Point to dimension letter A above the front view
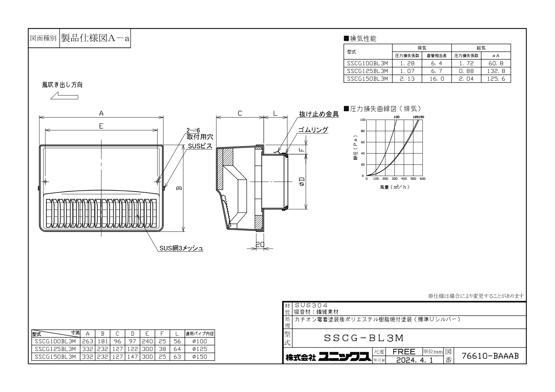pyautogui.click(x=101, y=113)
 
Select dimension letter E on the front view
pyautogui.click(x=101, y=126)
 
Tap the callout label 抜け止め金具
pyautogui.click(x=319, y=114)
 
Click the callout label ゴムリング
pyautogui.click(x=313, y=130)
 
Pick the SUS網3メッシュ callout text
pyautogui.click(x=181, y=248)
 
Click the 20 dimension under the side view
pyautogui.click(x=260, y=245)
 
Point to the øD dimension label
pyautogui.click(x=302, y=182)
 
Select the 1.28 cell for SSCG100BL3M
pyautogui.click(x=407, y=63)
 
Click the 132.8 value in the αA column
pyautogui.click(x=496, y=71)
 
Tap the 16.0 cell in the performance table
pyautogui.click(x=437, y=79)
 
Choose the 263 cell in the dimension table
pyautogui.click(x=87, y=341)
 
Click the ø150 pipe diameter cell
pyautogui.click(x=200, y=357)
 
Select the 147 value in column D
pyautogui.click(x=132, y=357)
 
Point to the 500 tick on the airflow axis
pyautogui.click(x=413, y=179)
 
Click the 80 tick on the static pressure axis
pyautogui.click(x=363, y=131)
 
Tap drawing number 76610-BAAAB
pyautogui.click(x=490, y=356)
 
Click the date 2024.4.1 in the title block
pyautogui.click(x=415, y=360)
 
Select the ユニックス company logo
pyautogui.click(x=345, y=357)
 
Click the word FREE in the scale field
pyautogui.click(x=404, y=351)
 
